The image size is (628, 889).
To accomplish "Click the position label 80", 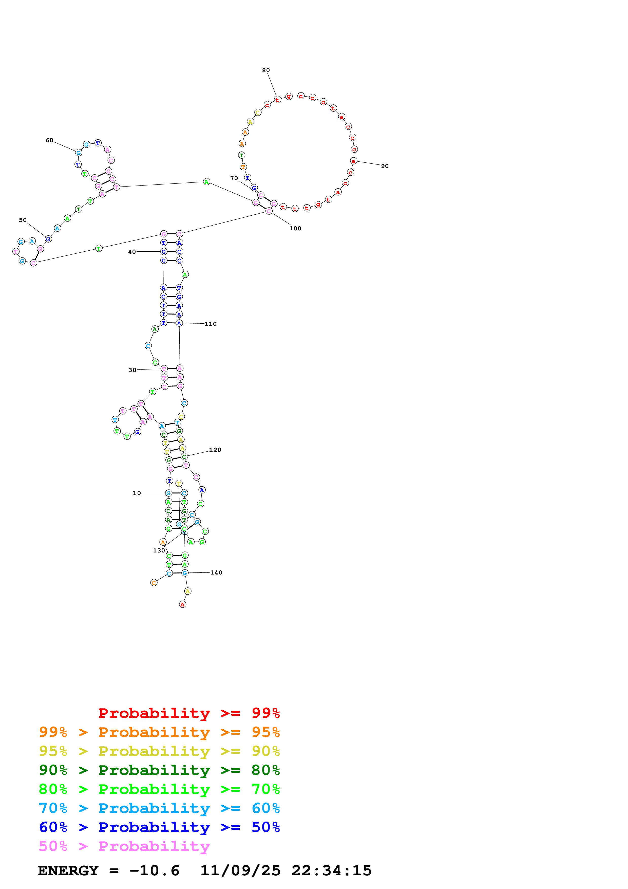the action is click(266, 70).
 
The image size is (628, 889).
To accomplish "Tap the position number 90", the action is click(385, 166).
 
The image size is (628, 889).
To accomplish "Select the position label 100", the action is click(295, 228).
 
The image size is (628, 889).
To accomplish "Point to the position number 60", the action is click(50, 140).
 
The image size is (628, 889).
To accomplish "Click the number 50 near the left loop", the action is click(23, 220).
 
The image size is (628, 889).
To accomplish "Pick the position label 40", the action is click(132, 252).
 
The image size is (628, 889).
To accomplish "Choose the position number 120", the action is click(215, 450).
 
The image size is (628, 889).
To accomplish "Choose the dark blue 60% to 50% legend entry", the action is click(159, 827).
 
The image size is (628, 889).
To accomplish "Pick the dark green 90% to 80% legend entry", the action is click(159, 770).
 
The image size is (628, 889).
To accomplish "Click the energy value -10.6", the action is click(154, 871).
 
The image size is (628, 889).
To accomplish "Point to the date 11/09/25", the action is click(240, 871).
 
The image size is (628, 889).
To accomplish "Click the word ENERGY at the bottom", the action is click(68, 871).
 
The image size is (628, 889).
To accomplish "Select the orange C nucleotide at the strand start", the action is click(154, 582).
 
